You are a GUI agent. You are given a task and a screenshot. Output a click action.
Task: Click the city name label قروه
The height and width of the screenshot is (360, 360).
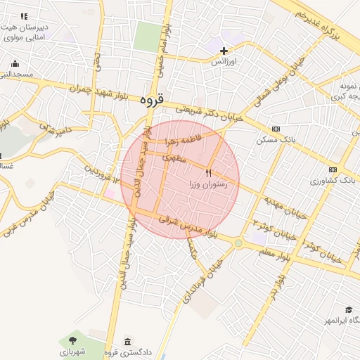pos(151,101)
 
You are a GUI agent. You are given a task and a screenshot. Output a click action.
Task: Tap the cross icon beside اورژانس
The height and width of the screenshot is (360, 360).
pos(224,51)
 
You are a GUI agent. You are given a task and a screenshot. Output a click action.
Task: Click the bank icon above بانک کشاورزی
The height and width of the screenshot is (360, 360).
pos(332,169)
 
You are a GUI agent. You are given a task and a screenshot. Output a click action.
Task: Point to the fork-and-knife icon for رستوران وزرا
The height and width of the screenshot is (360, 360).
pos(208,172)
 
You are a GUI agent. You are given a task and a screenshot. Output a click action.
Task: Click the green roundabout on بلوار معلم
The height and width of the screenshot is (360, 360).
pos(240,243)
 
